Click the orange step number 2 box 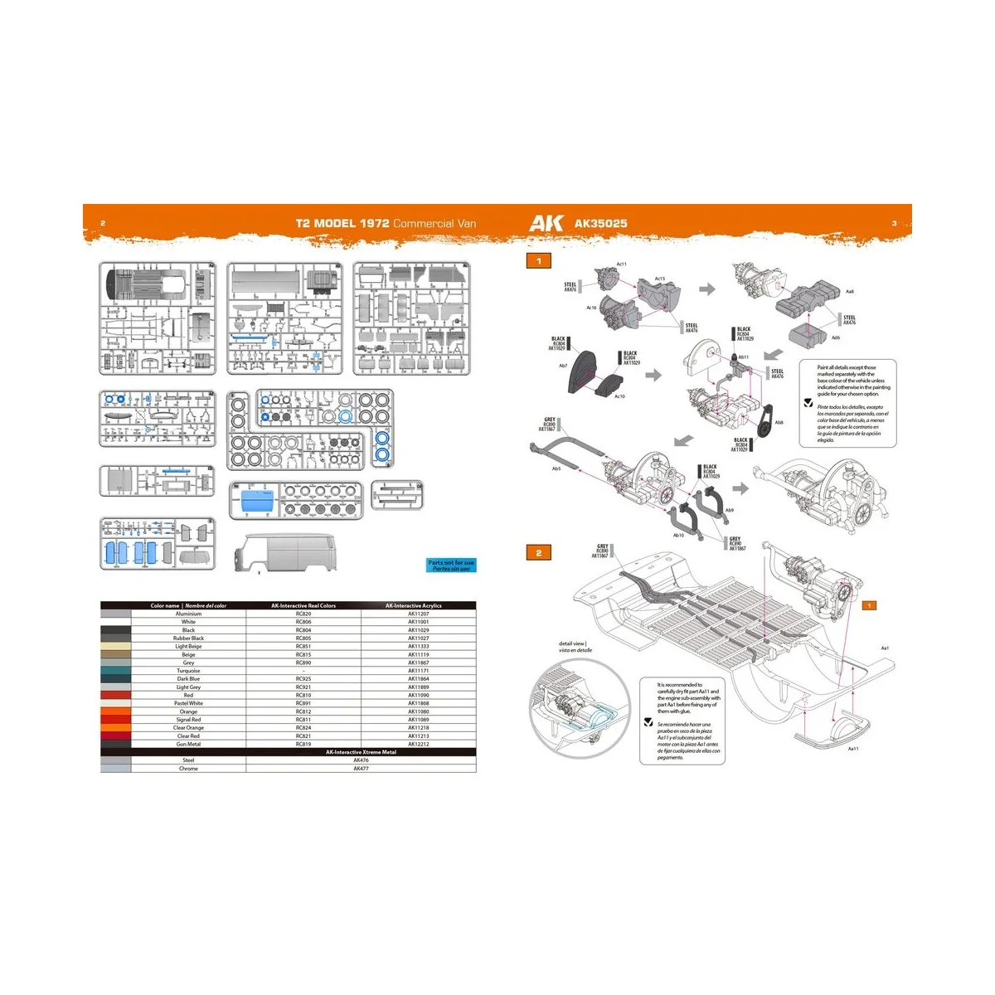[x=539, y=553]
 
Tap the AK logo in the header [x=546, y=223]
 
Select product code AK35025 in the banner [x=601, y=223]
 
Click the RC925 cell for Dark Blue [x=303, y=679]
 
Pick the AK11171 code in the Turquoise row [x=419, y=671]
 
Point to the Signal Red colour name [x=188, y=720]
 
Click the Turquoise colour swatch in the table [x=115, y=671]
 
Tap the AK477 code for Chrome [x=361, y=769]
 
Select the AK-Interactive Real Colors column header [x=303, y=605]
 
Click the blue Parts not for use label [x=451, y=565]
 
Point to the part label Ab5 [x=556, y=468]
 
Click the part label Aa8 [x=850, y=292]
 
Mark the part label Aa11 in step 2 [x=853, y=749]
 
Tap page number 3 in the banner [x=894, y=223]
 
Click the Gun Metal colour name [x=188, y=744]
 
